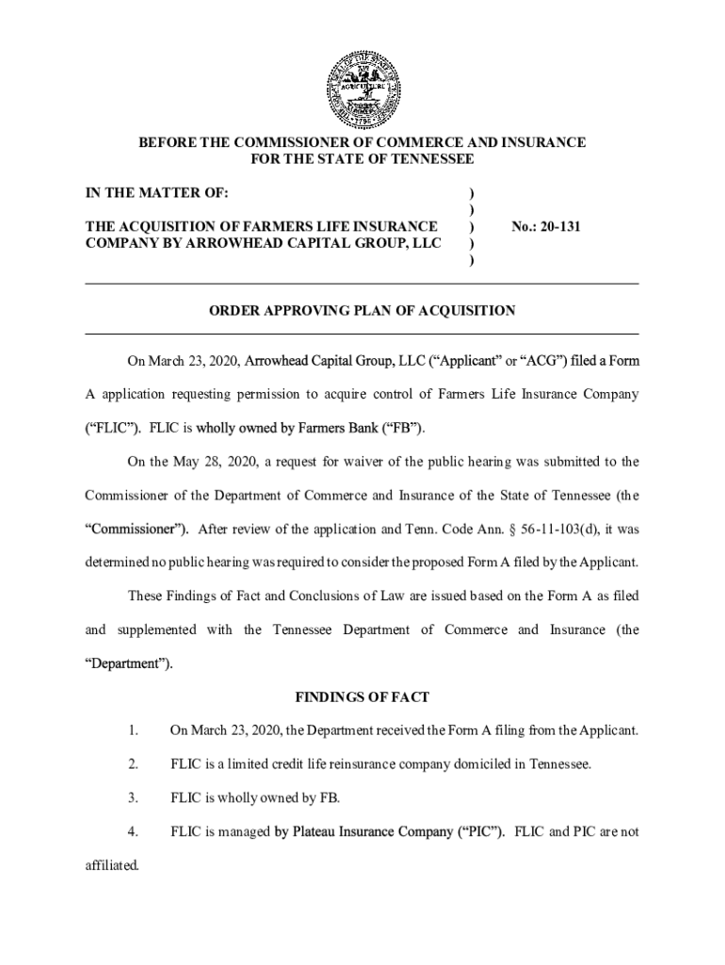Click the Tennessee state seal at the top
[x=362, y=89]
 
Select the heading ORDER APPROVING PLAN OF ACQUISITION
[x=362, y=310]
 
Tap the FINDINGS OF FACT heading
[x=362, y=697]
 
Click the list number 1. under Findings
[x=134, y=730]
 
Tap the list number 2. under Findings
[x=134, y=763]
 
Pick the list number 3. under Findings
[x=134, y=797]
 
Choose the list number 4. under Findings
[x=134, y=831]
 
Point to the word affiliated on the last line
[x=111, y=864]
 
